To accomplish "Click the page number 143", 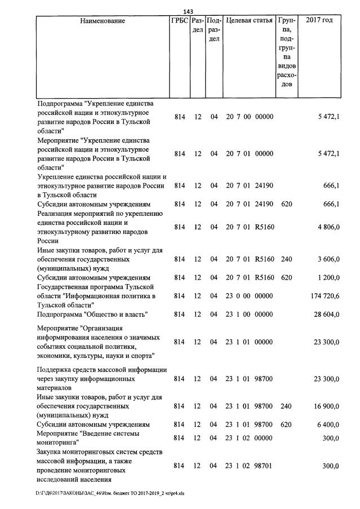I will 189,12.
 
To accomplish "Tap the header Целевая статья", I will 250,21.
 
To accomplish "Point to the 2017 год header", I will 319,21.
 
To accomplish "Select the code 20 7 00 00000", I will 250,117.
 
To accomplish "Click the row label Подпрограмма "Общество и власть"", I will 92,314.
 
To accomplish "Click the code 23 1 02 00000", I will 250,438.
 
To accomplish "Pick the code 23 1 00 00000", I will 250,314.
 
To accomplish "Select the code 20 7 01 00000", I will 250,154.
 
